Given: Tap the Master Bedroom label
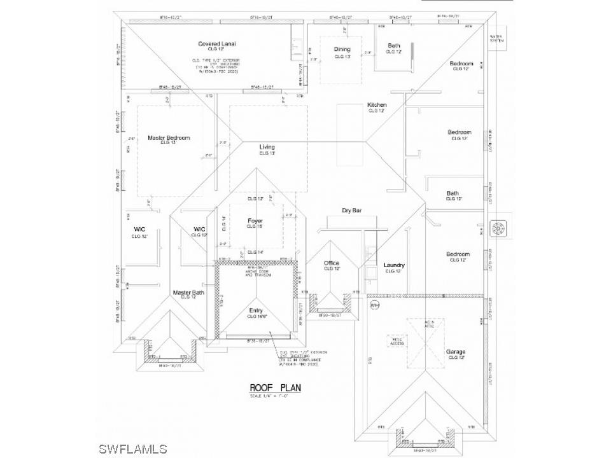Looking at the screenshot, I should [x=169, y=137].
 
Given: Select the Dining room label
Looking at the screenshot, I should [x=342, y=49].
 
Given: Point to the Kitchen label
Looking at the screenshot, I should [x=377, y=105].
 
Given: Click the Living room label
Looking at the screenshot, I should [x=267, y=148].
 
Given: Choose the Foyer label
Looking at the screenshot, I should [x=255, y=221].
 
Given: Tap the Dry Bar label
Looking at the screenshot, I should [x=351, y=210].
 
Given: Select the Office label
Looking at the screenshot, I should [x=331, y=263].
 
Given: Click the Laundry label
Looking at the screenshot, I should [x=394, y=265].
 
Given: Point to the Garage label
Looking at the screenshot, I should [x=455, y=352].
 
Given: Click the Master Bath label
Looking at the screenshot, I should [x=188, y=293].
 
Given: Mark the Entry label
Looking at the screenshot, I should [x=256, y=310].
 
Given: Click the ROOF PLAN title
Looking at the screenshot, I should [x=275, y=387].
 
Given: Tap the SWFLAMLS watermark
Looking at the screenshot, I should [x=133, y=448].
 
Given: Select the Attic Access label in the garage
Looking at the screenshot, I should [x=397, y=342].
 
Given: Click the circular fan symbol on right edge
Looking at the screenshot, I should [x=498, y=226].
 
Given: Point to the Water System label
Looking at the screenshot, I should [x=496, y=39].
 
